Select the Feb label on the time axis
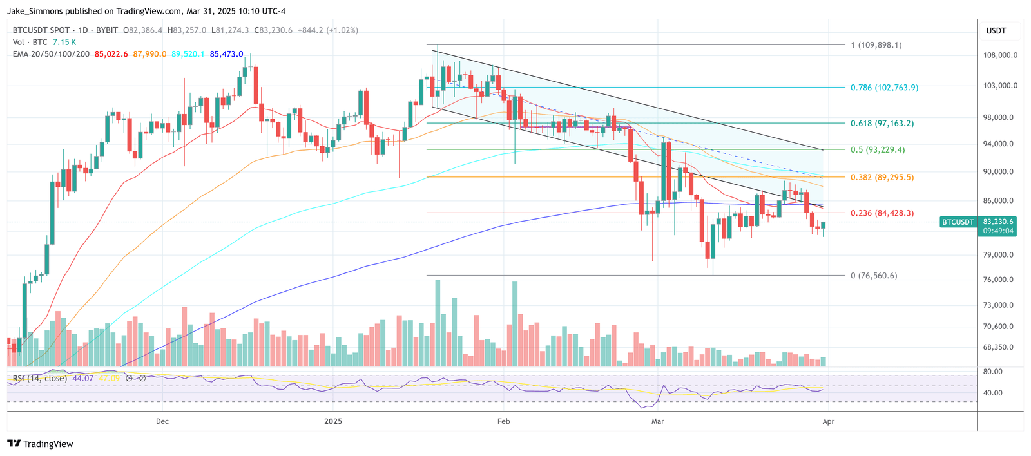504,422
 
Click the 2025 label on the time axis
333,422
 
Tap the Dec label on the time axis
162,422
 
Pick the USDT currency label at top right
996,31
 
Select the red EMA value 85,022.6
112,55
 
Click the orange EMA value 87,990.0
149,55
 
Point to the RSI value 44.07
83,379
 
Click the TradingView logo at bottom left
40,444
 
